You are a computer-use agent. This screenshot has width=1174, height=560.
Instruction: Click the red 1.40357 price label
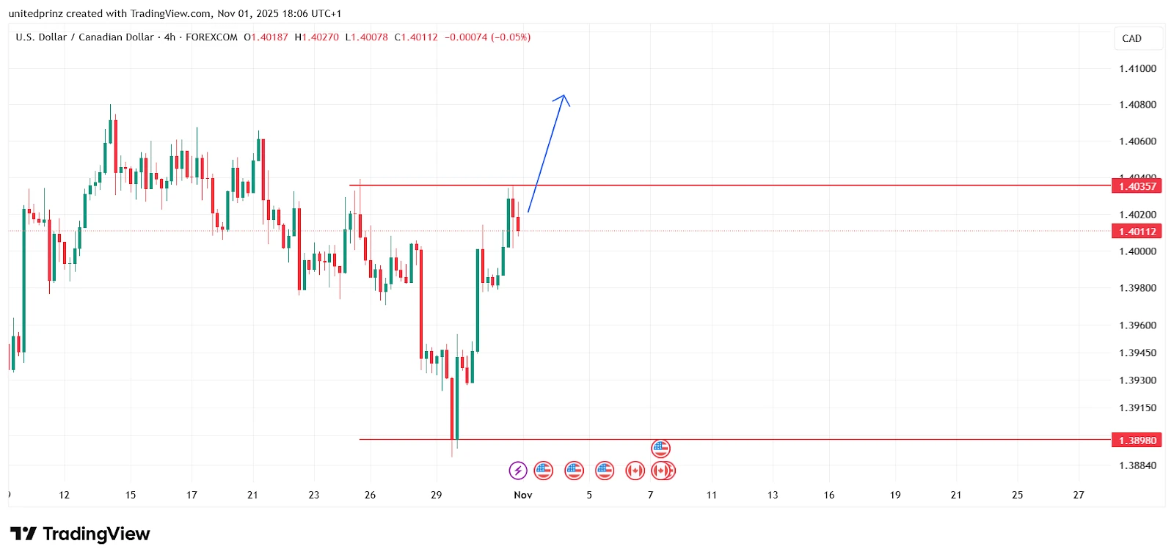[1137, 186]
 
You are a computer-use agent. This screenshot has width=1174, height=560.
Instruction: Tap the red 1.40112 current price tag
[1137, 232]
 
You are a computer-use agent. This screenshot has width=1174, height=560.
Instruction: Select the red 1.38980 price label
[1137, 441]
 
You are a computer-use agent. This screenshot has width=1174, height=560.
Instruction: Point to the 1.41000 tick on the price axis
[1137, 69]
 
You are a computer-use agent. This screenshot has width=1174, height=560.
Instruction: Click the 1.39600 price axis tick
[1137, 325]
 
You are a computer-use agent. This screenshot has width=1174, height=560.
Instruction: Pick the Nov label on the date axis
[523, 495]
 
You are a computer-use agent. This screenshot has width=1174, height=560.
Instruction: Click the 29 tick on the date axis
[437, 495]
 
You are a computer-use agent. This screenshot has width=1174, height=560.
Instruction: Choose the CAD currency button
[1132, 39]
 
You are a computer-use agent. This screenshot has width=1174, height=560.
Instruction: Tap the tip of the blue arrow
[564, 95]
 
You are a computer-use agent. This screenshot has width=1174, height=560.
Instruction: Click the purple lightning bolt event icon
[518, 471]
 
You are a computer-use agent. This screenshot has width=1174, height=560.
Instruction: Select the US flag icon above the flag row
[661, 448]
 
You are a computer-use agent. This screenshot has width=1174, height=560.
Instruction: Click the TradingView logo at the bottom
[80, 534]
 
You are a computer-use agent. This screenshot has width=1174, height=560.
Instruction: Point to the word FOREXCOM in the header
[211, 37]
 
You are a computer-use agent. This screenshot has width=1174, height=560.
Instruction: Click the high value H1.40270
[317, 37]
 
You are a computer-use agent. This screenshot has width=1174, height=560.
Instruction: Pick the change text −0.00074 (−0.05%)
[487, 37]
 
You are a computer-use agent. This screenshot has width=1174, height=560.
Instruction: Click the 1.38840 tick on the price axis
[1137, 465]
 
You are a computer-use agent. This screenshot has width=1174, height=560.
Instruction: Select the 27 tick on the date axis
[1079, 495]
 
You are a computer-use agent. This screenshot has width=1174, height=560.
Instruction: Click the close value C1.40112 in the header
[416, 37]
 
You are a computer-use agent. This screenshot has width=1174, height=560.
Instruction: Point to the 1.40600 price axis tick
[1137, 141]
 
